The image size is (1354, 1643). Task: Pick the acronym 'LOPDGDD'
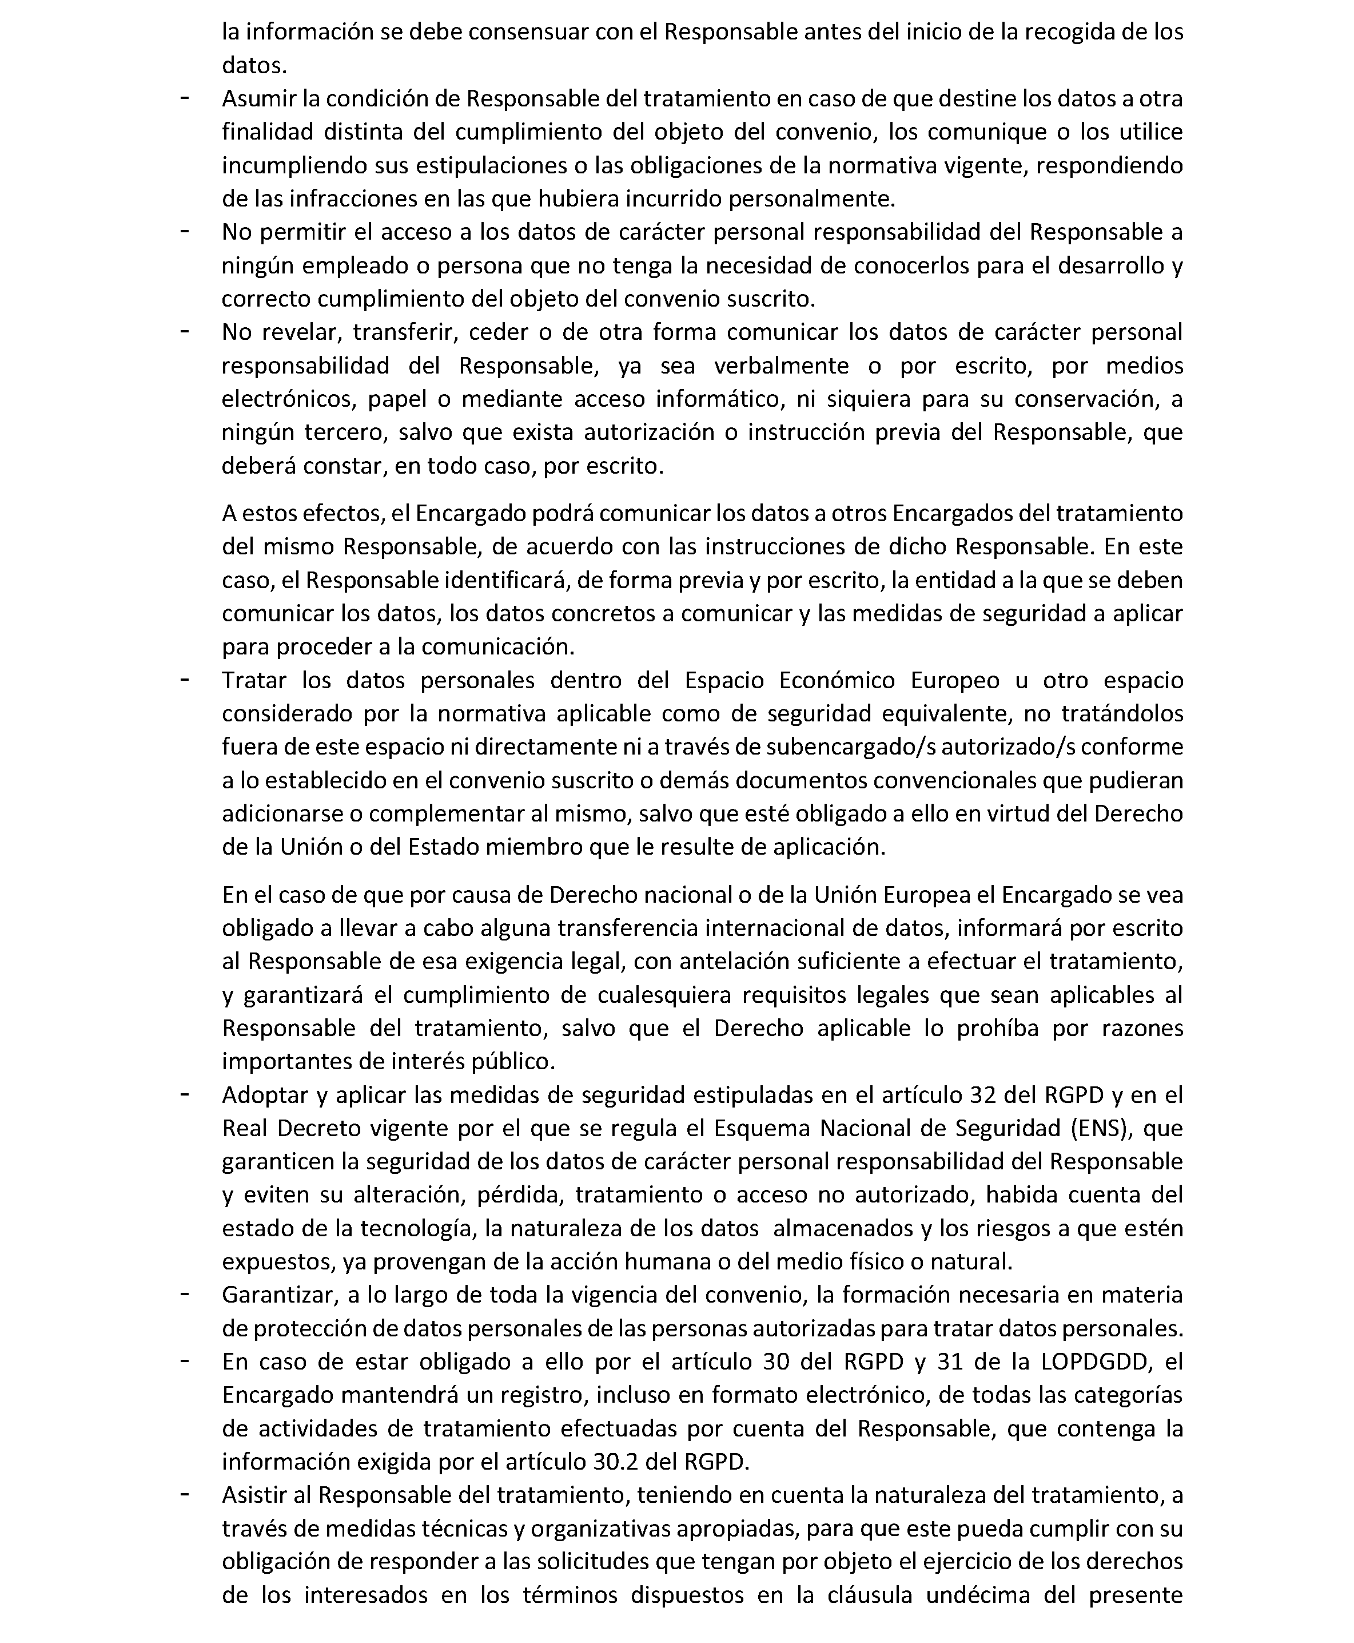[1096, 1362]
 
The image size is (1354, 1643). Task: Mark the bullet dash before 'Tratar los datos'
[185, 680]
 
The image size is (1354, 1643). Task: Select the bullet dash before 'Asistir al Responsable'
[185, 1495]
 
